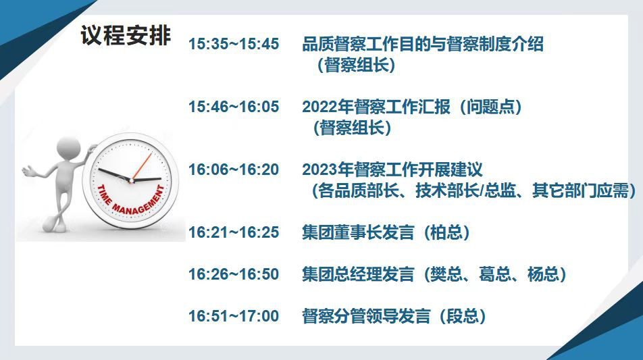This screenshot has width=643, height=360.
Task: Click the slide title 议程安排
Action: (x=126, y=35)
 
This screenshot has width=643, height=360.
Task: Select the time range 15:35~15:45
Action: (x=233, y=44)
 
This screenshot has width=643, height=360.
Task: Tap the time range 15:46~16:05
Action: (x=233, y=107)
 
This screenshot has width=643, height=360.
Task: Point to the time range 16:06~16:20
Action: (x=233, y=170)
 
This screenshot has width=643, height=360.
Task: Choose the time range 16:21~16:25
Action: (x=233, y=232)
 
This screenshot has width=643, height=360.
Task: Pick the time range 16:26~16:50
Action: (x=233, y=274)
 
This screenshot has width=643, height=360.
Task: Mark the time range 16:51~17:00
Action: (x=233, y=316)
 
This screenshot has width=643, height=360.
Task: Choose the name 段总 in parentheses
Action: (x=463, y=316)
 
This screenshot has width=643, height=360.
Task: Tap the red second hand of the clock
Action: (x=142, y=166)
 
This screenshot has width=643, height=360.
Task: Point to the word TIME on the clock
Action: (x=104, y=195)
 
